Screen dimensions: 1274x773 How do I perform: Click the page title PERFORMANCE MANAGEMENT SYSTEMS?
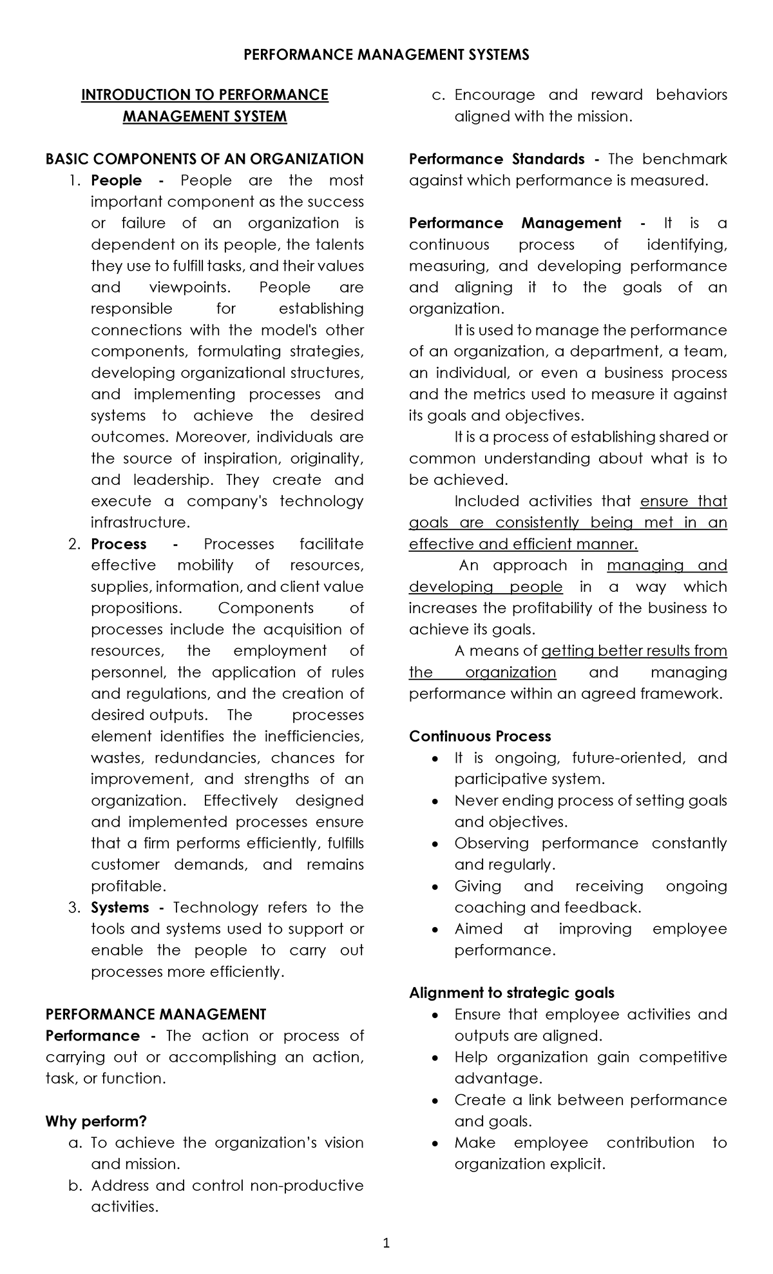[x=386, y=55]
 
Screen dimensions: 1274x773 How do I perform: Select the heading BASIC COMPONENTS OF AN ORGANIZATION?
[x=204, y=159]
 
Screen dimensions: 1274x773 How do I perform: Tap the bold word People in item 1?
[x=116, y=181]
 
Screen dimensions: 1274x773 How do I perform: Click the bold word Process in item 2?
[x=119, y=544]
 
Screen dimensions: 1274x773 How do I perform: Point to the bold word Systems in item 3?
[x=119, y=908]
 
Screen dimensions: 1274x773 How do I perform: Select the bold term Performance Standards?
[x=497, y=159]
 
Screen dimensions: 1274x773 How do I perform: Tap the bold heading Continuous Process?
[x=480, y=736]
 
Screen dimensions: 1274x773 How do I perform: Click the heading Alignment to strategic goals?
[x=511, y=993]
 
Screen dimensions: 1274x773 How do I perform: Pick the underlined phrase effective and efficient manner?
[x=523, y=544]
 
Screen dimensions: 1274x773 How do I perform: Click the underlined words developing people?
[x=486, y=587]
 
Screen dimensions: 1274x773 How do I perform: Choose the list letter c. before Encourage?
[x=439, y=95]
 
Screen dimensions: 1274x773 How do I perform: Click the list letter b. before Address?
[x=75, y=1186]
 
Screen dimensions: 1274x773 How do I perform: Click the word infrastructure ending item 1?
[x=139, y=522]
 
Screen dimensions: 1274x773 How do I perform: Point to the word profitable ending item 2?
[x=128, y=886]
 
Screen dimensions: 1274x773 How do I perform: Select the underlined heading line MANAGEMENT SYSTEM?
[x=204, y=117]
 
